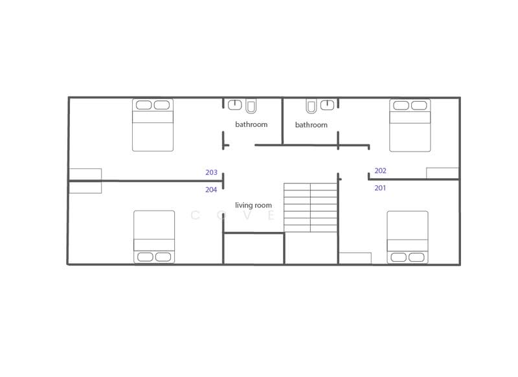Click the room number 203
211,173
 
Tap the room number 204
211,190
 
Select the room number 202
381,171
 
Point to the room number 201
381,188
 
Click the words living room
253,205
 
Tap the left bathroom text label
251,124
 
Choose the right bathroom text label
311,124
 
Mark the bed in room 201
407,237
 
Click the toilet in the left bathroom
251,105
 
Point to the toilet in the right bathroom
311,105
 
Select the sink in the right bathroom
328,104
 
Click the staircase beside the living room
311,207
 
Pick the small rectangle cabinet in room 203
85,174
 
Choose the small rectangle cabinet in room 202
442,173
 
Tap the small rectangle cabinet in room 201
355,258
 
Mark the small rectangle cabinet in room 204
85,187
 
